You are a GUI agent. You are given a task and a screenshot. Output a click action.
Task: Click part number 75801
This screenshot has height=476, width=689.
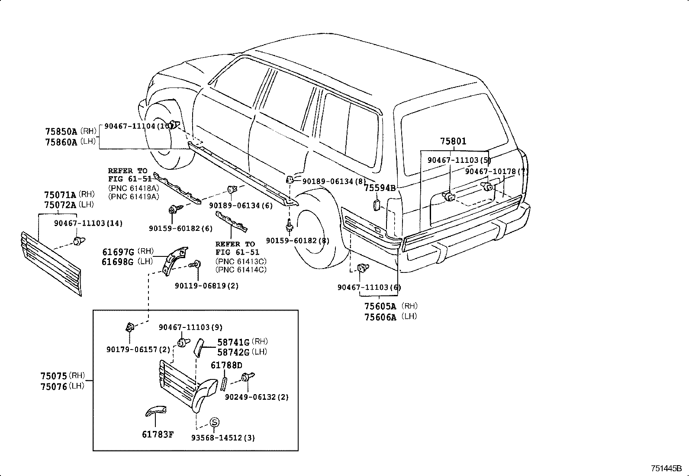pos(453,141)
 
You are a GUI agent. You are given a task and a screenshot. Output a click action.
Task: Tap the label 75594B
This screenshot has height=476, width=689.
pos(380,188)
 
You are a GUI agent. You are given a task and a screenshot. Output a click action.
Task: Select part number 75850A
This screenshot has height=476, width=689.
pos(61,131)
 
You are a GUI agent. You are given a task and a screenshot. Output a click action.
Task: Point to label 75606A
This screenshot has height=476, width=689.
pos(380,317)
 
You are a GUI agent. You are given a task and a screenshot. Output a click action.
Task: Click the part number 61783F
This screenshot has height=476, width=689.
pos(158,434)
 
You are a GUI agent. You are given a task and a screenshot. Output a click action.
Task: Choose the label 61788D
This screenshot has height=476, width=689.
pos(226,365)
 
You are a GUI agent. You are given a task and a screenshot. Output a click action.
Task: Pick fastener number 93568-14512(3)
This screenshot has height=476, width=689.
pos(223,438)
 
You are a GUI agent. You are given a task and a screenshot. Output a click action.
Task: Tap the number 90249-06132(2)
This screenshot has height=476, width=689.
pos(257,397)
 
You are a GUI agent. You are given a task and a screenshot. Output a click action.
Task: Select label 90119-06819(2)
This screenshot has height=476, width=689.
pos(207,286)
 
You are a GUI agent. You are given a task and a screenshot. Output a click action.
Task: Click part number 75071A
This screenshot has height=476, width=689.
pos(60,195)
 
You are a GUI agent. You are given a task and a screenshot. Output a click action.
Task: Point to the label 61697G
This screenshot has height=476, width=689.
pos(118,252)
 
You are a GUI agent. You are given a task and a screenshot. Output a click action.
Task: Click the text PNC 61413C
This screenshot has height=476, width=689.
pos(241,262)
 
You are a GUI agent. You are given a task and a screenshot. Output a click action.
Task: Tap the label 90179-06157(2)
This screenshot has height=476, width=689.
pos(138,349)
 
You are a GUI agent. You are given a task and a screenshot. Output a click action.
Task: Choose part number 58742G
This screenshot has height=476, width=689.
pos(233,352)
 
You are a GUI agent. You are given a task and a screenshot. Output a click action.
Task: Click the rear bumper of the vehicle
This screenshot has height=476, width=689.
pos(467,243)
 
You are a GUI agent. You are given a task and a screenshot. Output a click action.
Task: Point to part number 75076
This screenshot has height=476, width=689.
pos(54,386)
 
